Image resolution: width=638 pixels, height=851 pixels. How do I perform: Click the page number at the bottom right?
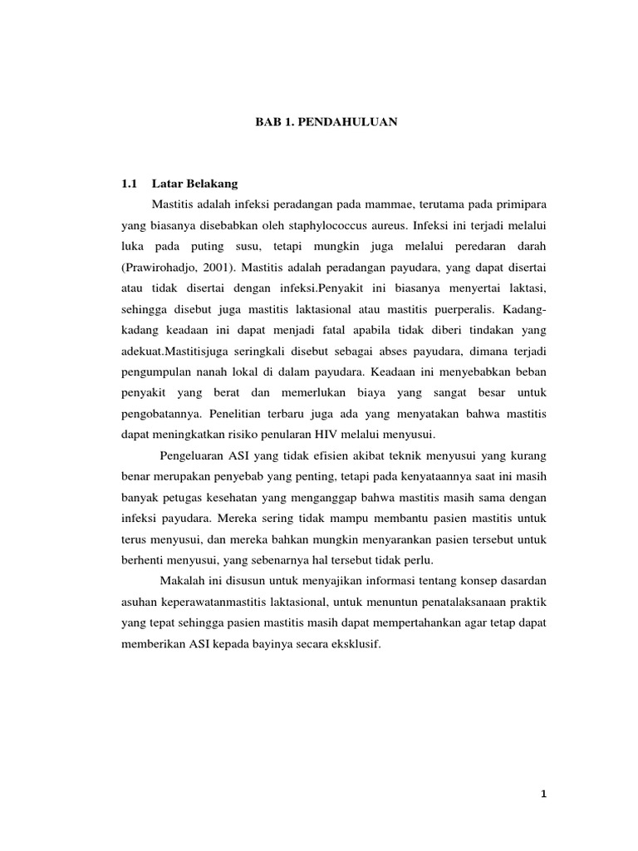pyautogui.click(x=541, y=795)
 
